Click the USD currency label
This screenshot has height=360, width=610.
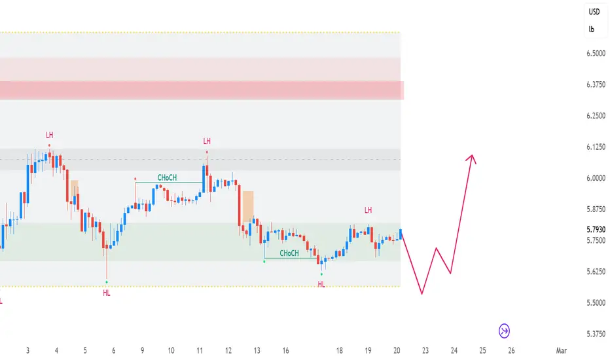594,12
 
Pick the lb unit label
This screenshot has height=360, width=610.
592,29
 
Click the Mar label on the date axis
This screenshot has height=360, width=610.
561,351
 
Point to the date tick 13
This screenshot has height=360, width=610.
257,351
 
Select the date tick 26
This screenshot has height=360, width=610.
511,351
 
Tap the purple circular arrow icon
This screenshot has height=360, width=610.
505,331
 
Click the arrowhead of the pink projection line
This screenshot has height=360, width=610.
471,157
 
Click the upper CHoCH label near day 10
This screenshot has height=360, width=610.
167,177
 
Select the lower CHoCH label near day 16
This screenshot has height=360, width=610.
289,253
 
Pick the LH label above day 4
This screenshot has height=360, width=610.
50,135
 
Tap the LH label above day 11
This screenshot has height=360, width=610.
207,141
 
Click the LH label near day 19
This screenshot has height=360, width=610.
368,210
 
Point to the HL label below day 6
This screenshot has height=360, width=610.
107,293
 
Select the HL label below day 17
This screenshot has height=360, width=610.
321,284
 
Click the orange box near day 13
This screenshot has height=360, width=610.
248,207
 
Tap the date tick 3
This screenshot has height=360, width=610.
28,351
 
